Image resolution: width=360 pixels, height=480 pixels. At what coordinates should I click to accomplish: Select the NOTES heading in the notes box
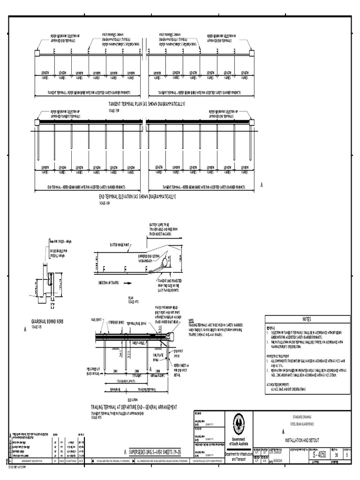tap(307, 319)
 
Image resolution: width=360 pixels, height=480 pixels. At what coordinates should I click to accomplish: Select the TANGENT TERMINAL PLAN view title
tap(147, 104)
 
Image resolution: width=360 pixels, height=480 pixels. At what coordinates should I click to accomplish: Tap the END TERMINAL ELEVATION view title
tap(137, 197)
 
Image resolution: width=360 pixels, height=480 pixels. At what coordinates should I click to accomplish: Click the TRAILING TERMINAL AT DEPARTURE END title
tap(134, 408)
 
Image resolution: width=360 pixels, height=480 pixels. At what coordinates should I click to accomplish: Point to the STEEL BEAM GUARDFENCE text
tap(307, 423)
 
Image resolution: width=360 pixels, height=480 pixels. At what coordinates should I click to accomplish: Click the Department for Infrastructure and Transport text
tap(239, 457)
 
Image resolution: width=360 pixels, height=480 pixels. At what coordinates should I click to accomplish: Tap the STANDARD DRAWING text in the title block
tap(307, 416)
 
